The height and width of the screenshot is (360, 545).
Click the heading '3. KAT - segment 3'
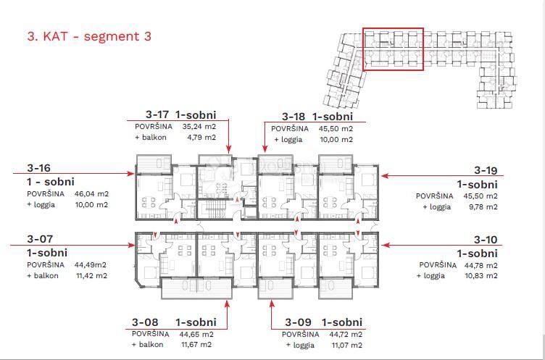[89, 36]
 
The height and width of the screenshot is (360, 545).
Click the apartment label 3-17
[157, 114]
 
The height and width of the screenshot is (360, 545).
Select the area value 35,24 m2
[199, 127]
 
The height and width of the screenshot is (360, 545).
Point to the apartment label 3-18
[294, 117]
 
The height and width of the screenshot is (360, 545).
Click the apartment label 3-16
[38, 168]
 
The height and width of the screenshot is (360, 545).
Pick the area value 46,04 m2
[91, 194]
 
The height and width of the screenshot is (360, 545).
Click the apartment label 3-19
[486, 171]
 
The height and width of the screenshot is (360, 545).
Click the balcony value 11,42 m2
[91, 276]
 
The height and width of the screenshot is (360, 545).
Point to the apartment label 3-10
[486, 240]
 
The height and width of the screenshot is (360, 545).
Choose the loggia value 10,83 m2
[481, 276]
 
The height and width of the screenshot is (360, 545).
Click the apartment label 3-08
[145, 322]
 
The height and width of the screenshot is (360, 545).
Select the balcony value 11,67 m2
[196, 345]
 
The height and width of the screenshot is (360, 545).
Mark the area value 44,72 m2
[346, 335]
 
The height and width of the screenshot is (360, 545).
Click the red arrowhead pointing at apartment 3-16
[131, 173]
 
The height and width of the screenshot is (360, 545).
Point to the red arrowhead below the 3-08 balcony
[228, 304]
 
